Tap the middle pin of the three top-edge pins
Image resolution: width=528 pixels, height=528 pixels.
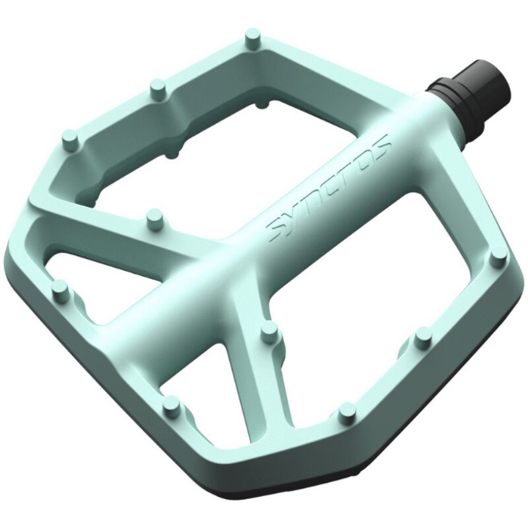pos(157,86)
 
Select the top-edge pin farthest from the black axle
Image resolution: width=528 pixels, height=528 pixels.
pos(69,139)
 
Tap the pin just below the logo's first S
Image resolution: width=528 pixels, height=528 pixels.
pos(269,332)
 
